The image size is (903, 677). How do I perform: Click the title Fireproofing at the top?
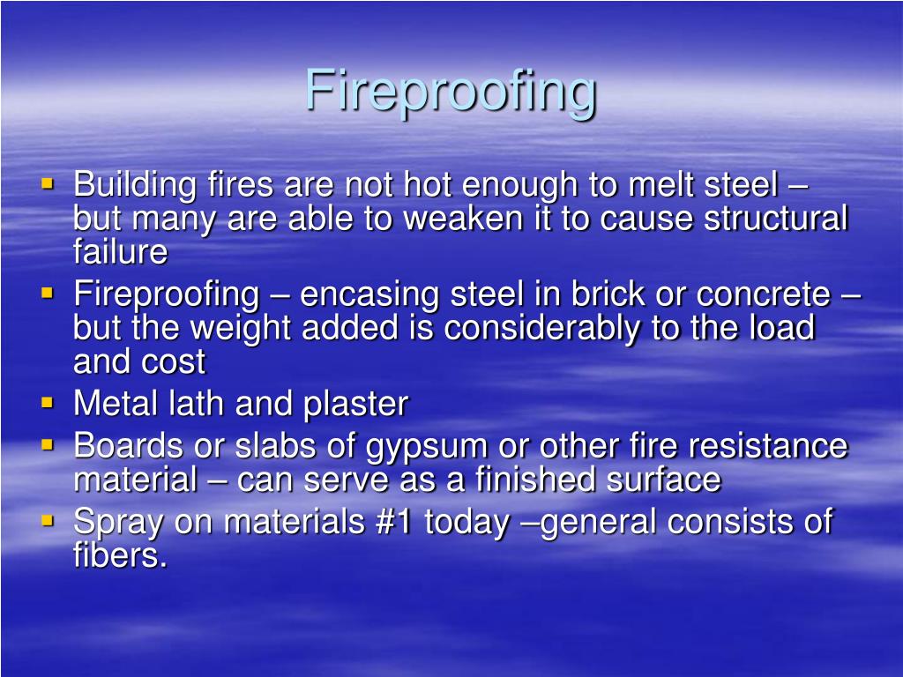(x=451, y=92)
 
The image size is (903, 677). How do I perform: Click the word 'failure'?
(x=120, y=252)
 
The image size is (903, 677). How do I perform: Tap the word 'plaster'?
(x=355, y=404)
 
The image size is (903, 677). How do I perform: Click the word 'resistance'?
(x=761, y=445)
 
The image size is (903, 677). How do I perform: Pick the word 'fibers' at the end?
(x=117, y=555)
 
